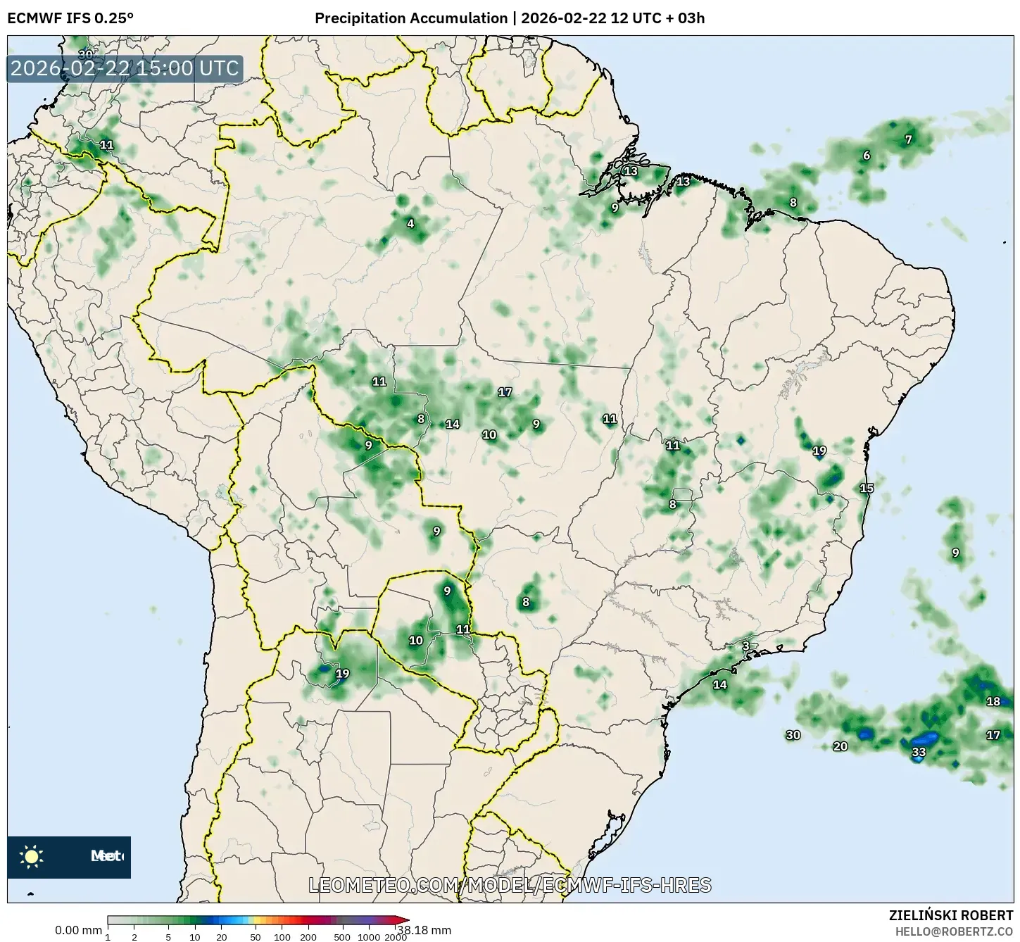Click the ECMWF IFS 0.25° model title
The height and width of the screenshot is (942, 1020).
(x=70, y=18)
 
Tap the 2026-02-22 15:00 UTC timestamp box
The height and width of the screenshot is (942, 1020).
(x=125, y=68)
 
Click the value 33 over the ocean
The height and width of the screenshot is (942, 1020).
(x=919, y=752)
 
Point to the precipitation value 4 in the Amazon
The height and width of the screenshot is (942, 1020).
(x=410, y=224)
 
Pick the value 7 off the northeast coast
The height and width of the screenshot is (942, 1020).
(x=908, y=139)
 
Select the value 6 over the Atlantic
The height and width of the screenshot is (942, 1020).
(x=867, y=156)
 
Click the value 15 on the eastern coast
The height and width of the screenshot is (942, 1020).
(x=867, y=488)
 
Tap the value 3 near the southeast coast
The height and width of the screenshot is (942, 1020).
(x=745, y=646)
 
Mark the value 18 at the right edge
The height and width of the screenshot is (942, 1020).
(x=993, y=701)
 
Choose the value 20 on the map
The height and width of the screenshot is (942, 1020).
(x=840, y=746)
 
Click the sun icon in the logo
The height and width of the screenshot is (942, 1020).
(x=32, y=857)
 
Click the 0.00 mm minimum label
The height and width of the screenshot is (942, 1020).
(x=78, y=931)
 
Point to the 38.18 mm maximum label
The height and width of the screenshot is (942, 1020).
(x=431, y=930)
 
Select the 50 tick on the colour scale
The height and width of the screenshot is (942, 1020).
(x=256, y=937)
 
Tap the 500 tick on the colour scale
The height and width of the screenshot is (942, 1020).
(x=342, y=937)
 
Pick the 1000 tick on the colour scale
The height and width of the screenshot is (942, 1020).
(x=369, y=937)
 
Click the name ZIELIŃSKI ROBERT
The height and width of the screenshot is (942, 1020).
(x=951, y=916)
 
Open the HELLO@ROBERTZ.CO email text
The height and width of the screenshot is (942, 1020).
(x=954, y=931)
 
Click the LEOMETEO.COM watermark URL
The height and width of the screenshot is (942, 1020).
(x=510, y=885)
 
